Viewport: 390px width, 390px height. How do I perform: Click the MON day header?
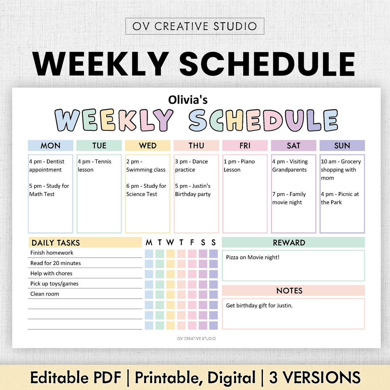point(51,146)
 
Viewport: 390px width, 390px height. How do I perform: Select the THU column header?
point(196,146)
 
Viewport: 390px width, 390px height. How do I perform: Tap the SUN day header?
point(342,146)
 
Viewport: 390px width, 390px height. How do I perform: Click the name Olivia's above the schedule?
point(188,100)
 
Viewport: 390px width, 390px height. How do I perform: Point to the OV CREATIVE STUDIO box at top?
point(195,26)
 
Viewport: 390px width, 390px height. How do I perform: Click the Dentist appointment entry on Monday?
point(47,166)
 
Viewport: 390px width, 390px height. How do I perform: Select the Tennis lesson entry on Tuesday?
point(95,166)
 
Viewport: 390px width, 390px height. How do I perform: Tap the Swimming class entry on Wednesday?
point(146,166)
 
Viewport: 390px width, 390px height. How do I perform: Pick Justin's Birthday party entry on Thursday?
point(193,190)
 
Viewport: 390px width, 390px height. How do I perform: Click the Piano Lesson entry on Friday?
point(239,166)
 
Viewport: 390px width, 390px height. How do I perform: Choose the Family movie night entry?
point(289,198)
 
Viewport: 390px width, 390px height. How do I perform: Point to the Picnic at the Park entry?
point(340,198)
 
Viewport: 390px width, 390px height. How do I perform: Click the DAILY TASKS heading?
point(56,243)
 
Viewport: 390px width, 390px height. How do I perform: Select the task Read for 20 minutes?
point(56,263)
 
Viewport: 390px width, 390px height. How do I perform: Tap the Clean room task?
point(44,294)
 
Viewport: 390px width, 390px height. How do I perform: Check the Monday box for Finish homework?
point(149,254)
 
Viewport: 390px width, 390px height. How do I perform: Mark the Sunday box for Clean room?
point(213,295)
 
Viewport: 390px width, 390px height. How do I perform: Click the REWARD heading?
point(289,243)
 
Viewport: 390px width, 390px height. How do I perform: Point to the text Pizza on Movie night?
point(253,257)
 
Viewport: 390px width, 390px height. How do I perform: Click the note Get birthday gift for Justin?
point(259,306)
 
